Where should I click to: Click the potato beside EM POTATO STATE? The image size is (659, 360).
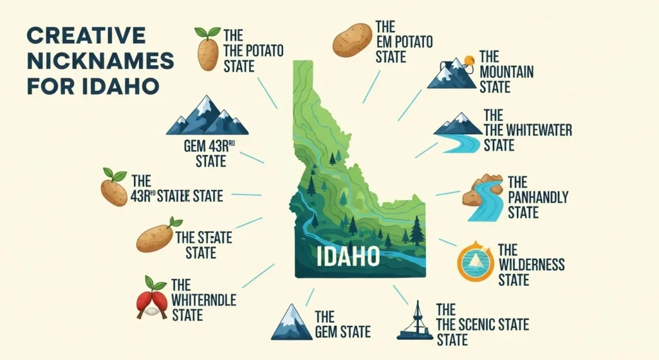pos(352,39)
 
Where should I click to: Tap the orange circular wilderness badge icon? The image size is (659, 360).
pos(476,261)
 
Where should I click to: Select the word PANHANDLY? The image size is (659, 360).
pos(538,198)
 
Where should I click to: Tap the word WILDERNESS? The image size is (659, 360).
pos(532,265)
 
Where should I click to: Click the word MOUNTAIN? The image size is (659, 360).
pos(506,71)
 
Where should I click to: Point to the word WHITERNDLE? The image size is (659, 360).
pos(203,301)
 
